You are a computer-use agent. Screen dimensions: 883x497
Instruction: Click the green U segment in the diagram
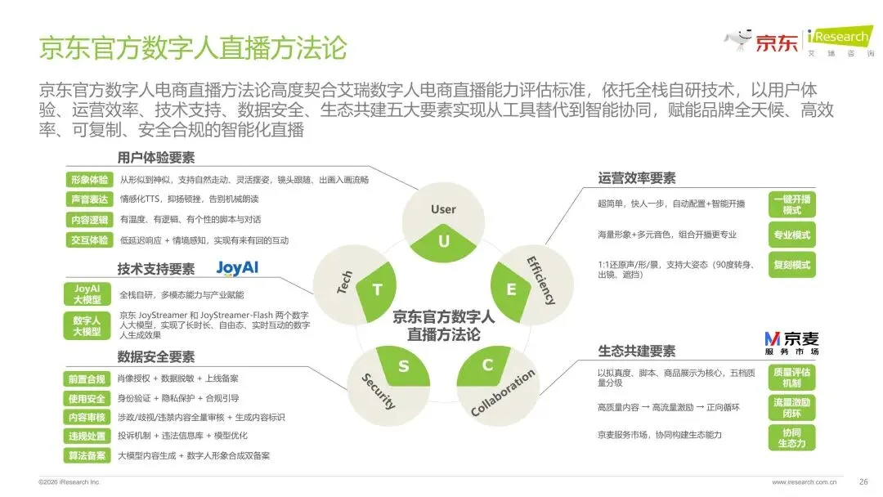click(443, 243)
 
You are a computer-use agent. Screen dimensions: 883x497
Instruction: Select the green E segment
click(509, 291)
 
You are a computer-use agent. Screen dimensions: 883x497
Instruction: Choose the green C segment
click(485, 366)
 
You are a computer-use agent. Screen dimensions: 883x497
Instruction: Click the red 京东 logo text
click(776, 43)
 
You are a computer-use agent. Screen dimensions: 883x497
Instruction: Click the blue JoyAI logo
click(237, 268)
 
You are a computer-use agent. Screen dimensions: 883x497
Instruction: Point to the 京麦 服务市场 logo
click(791, 343)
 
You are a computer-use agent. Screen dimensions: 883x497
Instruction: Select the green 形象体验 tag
click(89, 180)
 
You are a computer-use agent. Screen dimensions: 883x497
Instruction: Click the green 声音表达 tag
click(89, 199)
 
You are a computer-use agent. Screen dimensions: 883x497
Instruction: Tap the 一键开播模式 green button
click(791, 205)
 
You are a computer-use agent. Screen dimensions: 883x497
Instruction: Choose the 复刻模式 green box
click(791, 265)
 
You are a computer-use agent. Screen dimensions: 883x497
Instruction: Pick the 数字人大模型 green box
click(87, 326)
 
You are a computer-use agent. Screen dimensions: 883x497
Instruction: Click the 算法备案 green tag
click(87, 455)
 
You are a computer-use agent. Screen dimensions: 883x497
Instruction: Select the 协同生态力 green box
click(791, 438)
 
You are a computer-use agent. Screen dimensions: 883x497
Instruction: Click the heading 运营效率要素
click(636, 178)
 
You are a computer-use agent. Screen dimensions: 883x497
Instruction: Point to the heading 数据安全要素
click(156, 357)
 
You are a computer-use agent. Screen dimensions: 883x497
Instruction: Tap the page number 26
click(863, 481)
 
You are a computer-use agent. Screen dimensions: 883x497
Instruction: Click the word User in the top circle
click(443, 209)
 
